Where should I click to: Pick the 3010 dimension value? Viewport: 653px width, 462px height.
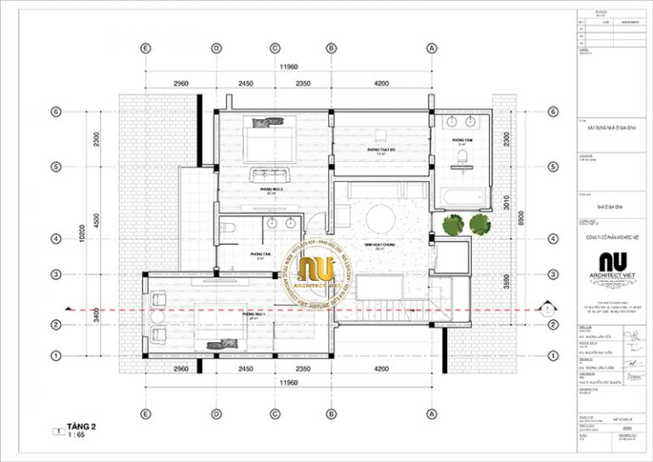(508, 201)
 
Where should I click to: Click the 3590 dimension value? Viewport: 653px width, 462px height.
(508, 280)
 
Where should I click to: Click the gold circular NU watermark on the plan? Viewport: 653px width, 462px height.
(322, 270)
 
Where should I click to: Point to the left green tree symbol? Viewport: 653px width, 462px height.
(451, 225)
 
